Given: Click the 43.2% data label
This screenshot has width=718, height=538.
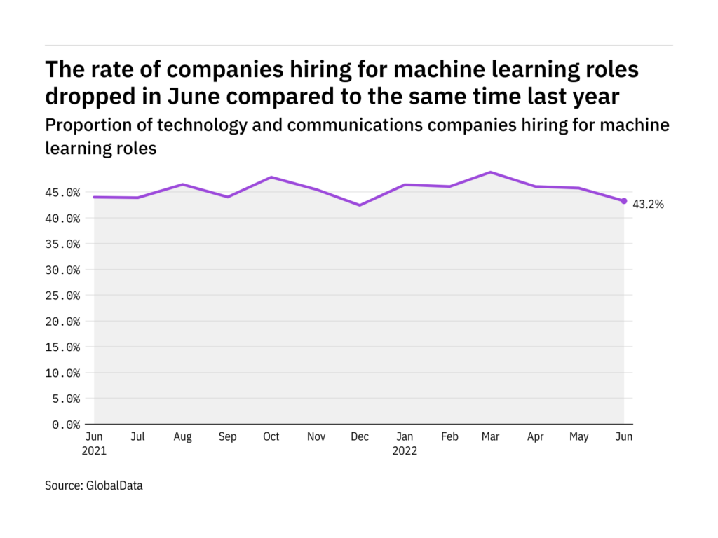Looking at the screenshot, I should point(648,205).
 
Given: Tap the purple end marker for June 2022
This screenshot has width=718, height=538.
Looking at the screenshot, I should point(624,201).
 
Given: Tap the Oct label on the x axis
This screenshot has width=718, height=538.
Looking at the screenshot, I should point(271,437).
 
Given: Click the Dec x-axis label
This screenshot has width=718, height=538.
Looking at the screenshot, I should point(360,437).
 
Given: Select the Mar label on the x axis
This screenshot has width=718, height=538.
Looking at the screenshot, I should point(491,437).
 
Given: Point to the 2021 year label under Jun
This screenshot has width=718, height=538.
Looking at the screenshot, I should point(94,451).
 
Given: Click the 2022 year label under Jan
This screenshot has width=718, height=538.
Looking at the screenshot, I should point(404,451).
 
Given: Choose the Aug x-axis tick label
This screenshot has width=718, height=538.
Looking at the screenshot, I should point(182,437).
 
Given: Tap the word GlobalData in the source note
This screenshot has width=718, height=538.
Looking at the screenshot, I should point(114,485).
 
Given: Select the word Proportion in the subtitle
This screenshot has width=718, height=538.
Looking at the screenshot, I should point(81,125).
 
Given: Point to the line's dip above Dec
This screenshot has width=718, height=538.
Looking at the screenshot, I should point(360,205).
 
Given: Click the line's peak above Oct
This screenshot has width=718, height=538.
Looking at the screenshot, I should point(271,177).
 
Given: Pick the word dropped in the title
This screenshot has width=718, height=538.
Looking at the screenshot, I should point(90,96).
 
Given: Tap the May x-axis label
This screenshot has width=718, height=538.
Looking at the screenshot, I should point(579,437).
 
